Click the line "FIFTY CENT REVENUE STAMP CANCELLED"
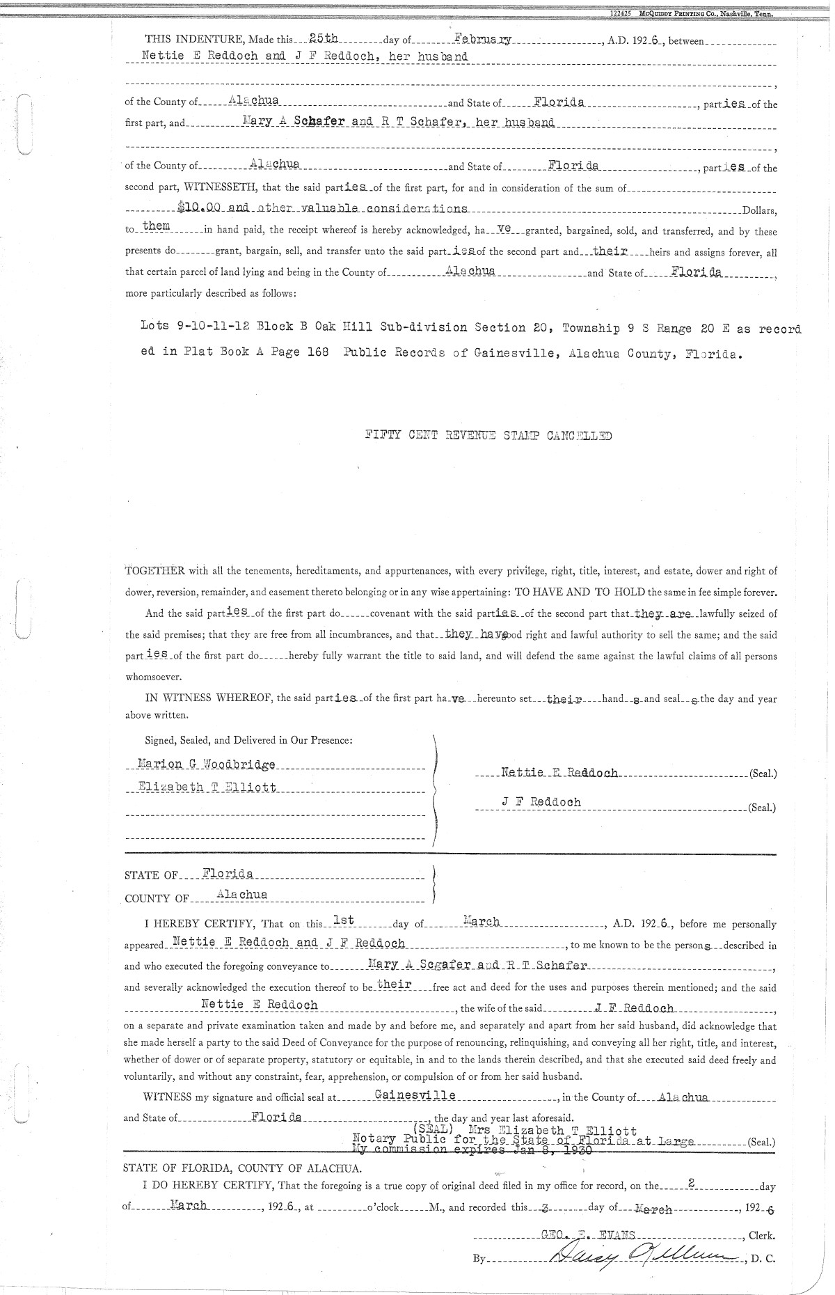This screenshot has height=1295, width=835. pos(488,437)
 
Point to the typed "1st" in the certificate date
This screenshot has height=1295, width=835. pos(344,920)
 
